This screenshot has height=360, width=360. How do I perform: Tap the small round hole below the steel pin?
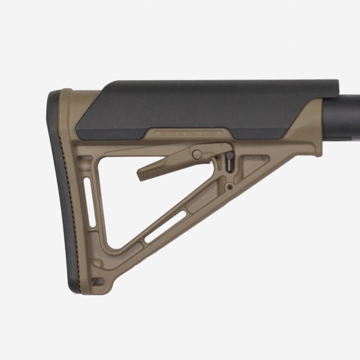(229, 184)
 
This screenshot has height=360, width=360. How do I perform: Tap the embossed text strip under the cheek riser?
(188, 131)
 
